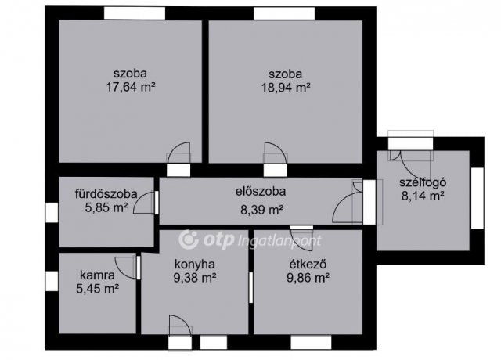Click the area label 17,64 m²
point(131,87)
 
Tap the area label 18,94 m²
point(286,87)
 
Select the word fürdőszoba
point(106,194)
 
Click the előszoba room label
point(261,192)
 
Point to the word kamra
point(97,275)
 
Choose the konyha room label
point(195,265)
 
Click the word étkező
point(308,265)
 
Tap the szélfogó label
point(423,182)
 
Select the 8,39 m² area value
point(262,211)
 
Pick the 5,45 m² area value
point(98,289)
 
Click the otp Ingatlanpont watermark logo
point(250,240)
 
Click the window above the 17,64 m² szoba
point(135,13)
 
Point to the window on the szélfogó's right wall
point(478,198)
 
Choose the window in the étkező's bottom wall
point(311,343)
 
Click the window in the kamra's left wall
point(52,281)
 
